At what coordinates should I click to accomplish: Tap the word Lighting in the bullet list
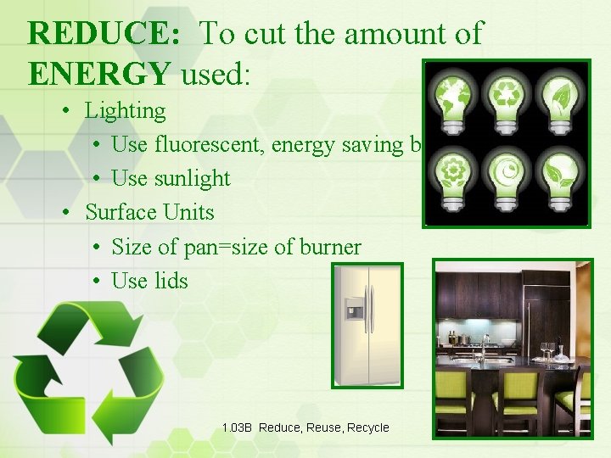(126, 110)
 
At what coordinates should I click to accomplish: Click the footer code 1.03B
(237, 428)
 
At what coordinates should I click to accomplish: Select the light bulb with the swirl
(506, 174)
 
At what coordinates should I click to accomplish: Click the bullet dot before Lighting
(65, 111)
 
